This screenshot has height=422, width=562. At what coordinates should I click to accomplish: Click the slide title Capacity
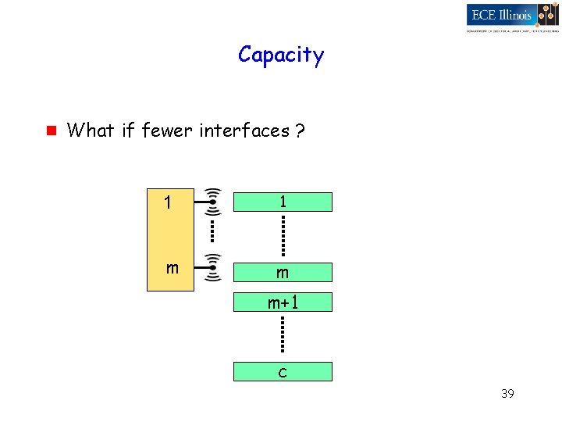281,55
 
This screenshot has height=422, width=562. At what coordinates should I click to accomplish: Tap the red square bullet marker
48,130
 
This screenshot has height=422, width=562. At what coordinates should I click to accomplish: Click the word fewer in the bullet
168,131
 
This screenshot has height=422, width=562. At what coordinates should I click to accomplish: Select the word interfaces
244,131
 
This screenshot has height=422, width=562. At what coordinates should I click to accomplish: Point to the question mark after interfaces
301,131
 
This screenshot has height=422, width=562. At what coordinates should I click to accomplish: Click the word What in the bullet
91,131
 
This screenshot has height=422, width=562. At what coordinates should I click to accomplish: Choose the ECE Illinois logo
512,16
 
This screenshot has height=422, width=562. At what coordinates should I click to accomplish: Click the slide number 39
507,394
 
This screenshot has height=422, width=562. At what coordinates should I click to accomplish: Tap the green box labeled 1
283,202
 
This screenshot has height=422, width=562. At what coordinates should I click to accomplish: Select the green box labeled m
283,272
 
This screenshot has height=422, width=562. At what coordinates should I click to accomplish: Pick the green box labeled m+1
283,302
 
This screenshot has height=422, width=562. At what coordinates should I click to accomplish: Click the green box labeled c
283,371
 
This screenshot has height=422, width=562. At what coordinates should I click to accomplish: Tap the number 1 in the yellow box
168,203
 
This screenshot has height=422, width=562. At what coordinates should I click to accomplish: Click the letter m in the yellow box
172,268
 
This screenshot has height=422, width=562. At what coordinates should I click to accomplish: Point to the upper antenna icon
211,202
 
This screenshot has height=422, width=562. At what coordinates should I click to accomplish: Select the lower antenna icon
211,267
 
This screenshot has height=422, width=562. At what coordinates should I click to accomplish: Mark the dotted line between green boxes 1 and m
283,236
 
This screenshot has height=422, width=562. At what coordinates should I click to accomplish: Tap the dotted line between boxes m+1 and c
283,336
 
